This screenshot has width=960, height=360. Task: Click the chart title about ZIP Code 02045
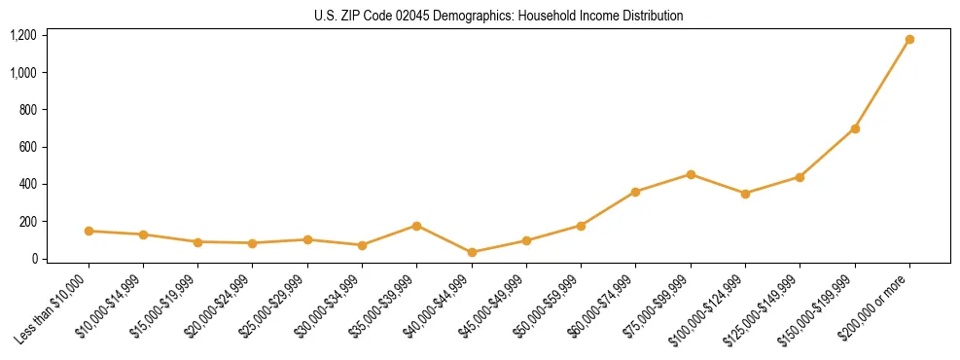498,16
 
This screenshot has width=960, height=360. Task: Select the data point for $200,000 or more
909,40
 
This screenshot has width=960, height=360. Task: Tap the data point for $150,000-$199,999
855,128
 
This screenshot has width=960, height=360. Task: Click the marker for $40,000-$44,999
472,252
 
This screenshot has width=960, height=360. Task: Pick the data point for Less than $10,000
89,231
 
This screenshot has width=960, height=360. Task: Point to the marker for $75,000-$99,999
691,174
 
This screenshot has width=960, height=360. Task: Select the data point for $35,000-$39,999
417,226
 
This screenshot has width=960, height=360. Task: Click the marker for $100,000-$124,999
745,194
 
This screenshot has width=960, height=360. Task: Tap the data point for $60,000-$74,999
635,192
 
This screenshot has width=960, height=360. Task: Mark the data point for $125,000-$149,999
800,177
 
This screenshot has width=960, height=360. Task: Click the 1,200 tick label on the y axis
23,35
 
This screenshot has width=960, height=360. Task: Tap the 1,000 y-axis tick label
23,72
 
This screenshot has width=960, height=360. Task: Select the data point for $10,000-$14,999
143,234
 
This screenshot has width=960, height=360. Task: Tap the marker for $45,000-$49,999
526,240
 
